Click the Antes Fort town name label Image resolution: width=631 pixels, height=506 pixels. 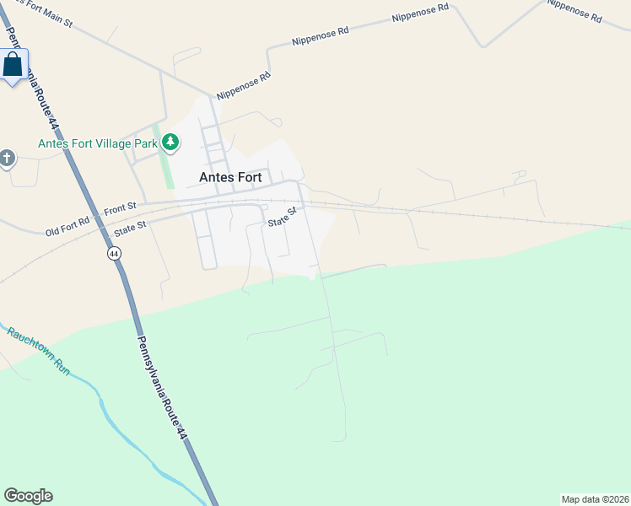pyautogui.click(x=231, y=177)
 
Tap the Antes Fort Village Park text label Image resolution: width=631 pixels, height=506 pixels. pyautogui.click(x=98, y=143)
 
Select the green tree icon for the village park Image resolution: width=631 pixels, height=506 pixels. pyautogui.click(x=170, y=142)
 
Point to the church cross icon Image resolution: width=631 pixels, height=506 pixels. pyautogui.click(x=7, y=158)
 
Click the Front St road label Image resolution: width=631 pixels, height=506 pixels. pyautogui.click(x=121, y=207)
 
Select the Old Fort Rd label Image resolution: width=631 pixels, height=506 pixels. pyautogui.click(x=67, y=228)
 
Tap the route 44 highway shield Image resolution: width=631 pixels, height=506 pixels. pyautogui.click(x=114, y=253)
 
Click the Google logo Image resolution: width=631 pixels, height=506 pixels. pyautogui.click(x=28, y=496)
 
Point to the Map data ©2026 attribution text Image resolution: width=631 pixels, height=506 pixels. pyautogui.click(x=595, y=498)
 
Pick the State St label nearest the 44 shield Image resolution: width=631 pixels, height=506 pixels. pyautogui.click(x=131, y=227)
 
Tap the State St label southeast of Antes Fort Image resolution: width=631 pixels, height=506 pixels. pyautogui.click(x=283, y=218)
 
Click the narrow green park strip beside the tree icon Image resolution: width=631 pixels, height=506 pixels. pyautogui.click(x=167, y=164)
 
